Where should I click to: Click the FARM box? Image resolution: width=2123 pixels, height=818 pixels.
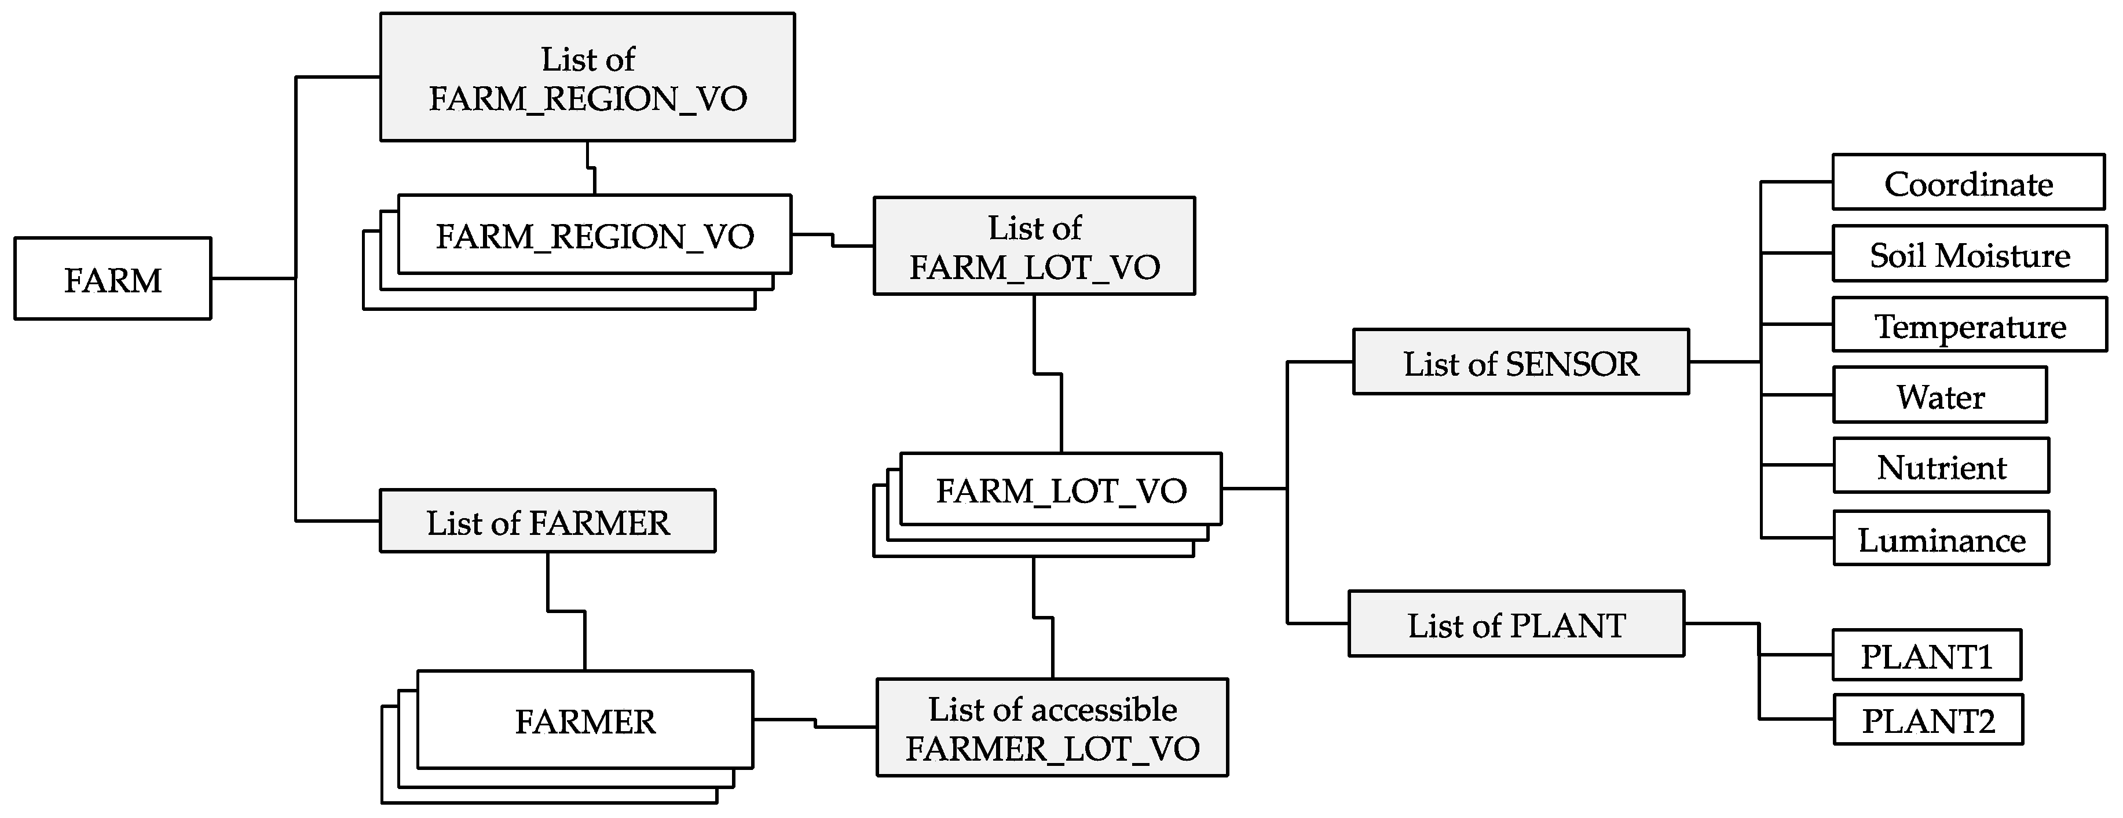pos(113,279)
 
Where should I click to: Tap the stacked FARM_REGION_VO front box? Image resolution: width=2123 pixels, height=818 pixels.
pos(594,235)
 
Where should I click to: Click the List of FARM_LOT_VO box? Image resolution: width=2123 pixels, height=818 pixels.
pos(1034,246)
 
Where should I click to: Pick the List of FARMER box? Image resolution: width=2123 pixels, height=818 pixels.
pos(547,522)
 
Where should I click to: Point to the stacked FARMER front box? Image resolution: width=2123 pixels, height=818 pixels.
pos(585,720)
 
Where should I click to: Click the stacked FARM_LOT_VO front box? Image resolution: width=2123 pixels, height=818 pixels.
pos(1061,489)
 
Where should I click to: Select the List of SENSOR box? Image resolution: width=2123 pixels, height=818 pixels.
pos(1521,362)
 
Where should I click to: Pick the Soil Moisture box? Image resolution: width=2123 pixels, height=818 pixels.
pos(1969,255)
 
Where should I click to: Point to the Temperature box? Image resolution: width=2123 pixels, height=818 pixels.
pos(1969,325)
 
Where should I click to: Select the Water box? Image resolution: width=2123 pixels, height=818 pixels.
pos(1940,395)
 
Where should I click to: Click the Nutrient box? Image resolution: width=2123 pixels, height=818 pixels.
pos(1941,466)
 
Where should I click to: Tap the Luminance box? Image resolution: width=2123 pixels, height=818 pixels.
pos(1941,539)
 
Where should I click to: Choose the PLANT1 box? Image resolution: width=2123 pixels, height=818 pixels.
pos(1927,656)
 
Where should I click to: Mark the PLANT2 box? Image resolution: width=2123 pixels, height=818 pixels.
pos(1928,720)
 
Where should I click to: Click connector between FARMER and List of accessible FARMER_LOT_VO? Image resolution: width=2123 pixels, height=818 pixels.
pos(814,723)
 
